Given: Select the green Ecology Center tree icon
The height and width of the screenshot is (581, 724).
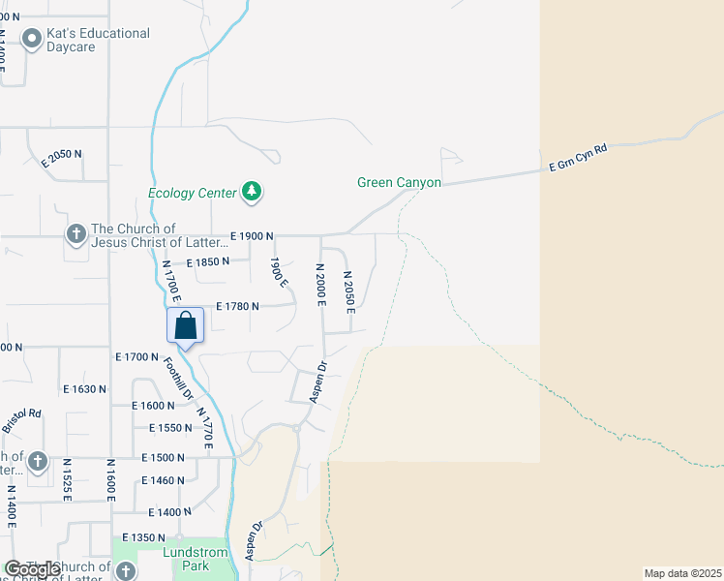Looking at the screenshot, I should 252,192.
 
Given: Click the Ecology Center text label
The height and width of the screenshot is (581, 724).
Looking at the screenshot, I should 192,193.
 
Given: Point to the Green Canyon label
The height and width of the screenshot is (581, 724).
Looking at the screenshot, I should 399,182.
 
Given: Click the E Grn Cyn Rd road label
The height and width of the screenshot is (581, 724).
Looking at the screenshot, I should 578,159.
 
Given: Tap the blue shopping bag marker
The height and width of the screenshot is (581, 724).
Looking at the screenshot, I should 185,327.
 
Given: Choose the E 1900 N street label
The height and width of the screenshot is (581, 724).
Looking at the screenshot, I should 253,236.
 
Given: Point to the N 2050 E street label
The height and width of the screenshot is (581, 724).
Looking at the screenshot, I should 349,291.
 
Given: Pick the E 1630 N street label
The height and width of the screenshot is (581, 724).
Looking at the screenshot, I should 85,389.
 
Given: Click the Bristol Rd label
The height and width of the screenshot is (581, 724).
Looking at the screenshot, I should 21,420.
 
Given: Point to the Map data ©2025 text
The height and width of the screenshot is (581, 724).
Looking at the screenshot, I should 683,573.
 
